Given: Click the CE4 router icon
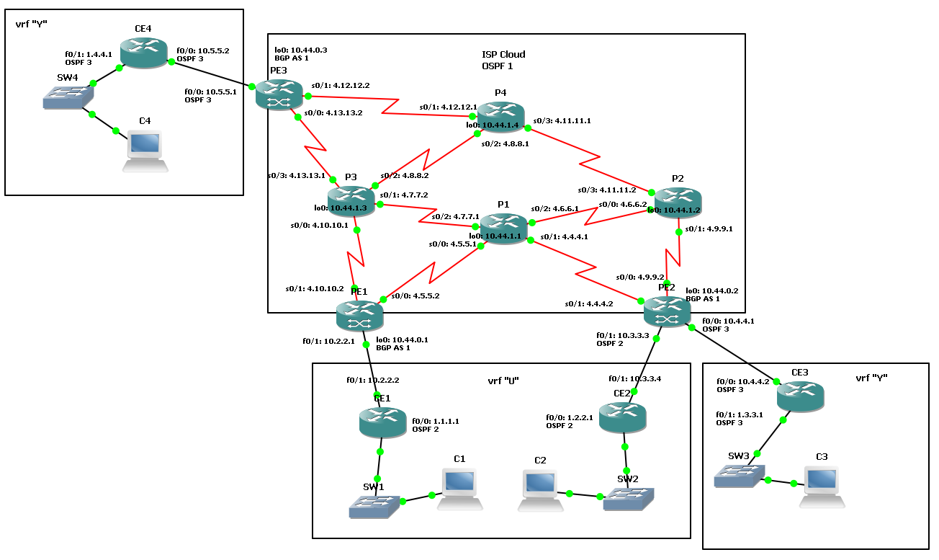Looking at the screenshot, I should [x=144, y=54].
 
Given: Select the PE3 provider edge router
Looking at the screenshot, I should [x=279, y=95].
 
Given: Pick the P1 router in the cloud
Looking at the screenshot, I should [x=503, y=228].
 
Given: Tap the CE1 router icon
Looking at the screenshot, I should [x=382, y=422].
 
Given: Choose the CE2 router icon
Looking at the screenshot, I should [x=623, y=417].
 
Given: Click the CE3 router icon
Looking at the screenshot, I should [x=800, y=396].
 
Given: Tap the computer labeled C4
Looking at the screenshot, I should [x=145, y=151].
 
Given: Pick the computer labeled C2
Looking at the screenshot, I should [x=540, y=491].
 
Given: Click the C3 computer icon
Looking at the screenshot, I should [x=822, y=487].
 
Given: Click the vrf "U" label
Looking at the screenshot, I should [x=503, y=380].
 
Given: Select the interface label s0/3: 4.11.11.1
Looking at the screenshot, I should [x=562, y=120].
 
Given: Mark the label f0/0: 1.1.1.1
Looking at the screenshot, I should [x=436, y=421].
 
